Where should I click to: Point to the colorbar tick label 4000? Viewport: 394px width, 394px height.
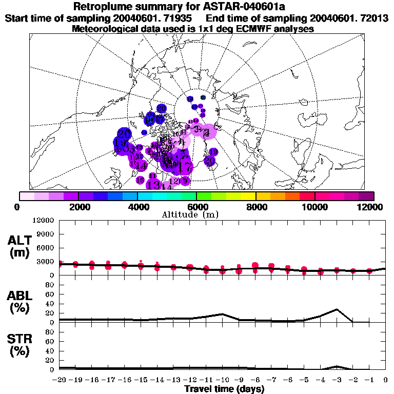click(137, 207)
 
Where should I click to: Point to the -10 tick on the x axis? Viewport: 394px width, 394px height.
click(222, 380)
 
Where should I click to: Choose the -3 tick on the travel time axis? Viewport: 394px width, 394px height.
click(336, 380)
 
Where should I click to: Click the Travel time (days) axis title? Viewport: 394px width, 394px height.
click(224, 389)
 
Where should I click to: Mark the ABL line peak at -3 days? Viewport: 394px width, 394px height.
click(337, 309)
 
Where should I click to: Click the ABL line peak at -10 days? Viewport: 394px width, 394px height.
click(222, 314)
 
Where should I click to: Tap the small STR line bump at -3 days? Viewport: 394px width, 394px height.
click(337, 366)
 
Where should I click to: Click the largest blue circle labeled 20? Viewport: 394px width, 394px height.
click(124, 134)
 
